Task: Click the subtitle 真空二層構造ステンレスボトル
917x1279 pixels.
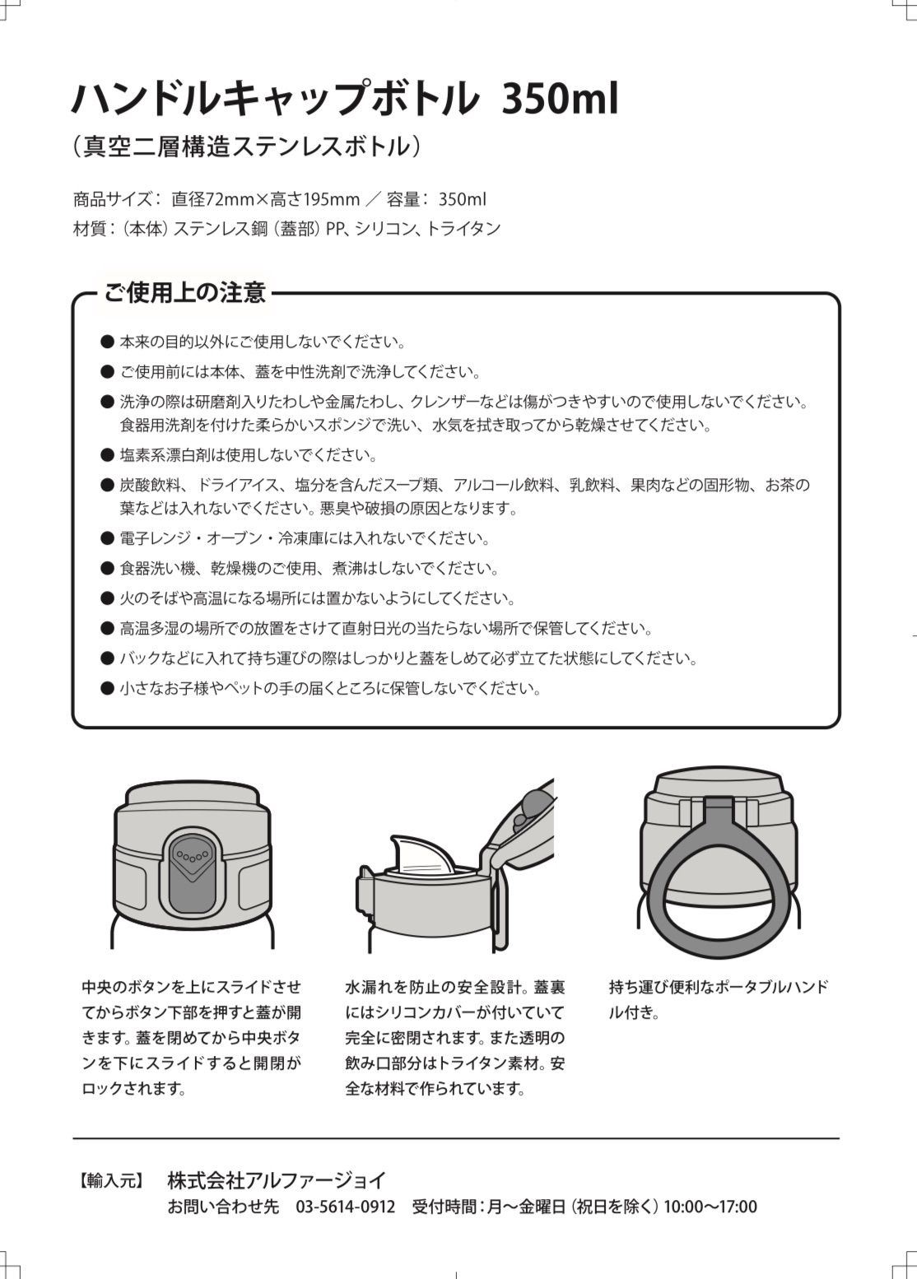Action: [247, 147]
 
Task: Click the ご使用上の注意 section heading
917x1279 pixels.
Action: [184, 292]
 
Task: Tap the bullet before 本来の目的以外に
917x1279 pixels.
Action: [107, 342]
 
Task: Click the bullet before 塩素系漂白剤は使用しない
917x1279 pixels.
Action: [107, 454]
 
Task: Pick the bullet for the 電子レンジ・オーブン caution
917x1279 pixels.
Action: [107, 538]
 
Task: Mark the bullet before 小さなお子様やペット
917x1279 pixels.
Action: [107, 688]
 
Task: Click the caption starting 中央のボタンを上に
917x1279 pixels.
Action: [191, 1037]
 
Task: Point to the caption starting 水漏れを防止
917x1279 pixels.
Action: [454, 1037]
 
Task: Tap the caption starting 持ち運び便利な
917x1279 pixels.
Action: [718, 999]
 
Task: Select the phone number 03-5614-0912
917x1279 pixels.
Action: [345, 1207]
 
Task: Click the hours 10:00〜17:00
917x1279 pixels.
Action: [710, 1207]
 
